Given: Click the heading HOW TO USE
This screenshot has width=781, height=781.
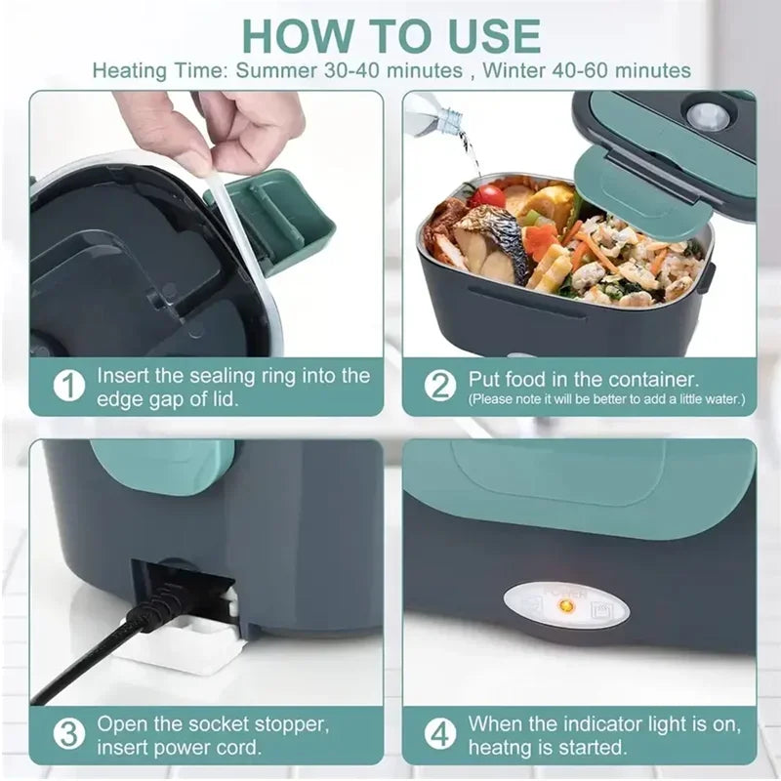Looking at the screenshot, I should coord(390,35).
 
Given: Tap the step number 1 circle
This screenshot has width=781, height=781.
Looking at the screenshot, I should coord(67,386).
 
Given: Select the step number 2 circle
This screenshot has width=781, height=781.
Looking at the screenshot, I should coord(439,385).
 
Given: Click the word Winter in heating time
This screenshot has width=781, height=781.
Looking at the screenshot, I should coord(528,70).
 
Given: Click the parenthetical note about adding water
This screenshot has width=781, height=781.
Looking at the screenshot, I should coord(606,399).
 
